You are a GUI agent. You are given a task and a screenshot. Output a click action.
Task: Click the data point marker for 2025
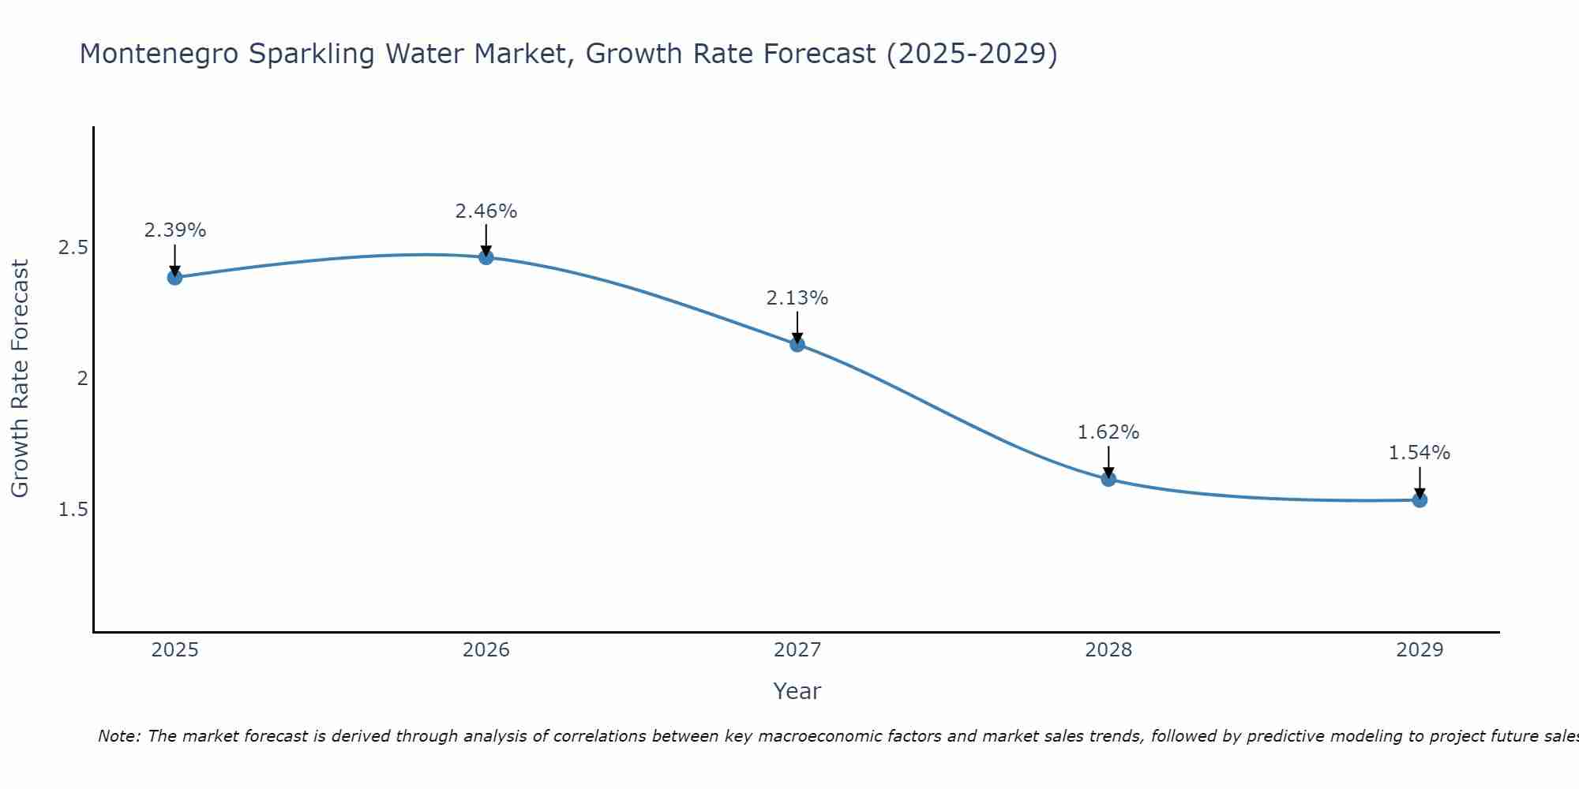(x=174, y=277)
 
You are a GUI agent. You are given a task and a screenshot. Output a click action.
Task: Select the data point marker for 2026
(x=486, y=257)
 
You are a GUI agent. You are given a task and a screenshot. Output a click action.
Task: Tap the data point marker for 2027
(x=797, y=344)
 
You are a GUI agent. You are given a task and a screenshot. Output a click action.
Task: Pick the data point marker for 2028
(x=1108, y=479)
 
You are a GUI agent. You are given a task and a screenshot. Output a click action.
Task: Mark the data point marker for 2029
(x=1419, y=499)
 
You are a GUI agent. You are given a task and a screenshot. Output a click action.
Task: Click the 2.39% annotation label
(x=174, y=230)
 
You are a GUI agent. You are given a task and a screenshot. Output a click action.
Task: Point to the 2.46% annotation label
(x=486, y=211)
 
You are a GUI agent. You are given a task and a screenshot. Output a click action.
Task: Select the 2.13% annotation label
(x=797, y=298)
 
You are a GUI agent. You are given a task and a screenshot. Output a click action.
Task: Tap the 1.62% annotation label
(x=1108, y=432)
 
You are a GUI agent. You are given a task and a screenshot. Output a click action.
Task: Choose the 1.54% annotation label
(x=1419, y=453)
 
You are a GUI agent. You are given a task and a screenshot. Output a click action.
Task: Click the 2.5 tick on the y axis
(x=73, y=248)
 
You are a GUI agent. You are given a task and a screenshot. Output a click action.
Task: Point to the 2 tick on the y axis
(x=81, y=379)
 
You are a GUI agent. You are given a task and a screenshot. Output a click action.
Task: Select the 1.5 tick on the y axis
(x=73, y=510)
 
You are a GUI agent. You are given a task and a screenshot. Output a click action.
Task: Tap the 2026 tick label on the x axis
(x=486, y=650)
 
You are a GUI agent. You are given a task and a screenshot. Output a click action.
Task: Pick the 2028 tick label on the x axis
(x=1108, y=650)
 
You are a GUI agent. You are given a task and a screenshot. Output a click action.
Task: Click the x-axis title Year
(x=797, y=691)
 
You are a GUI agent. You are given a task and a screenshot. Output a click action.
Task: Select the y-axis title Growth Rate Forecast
(x=20, y=379)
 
